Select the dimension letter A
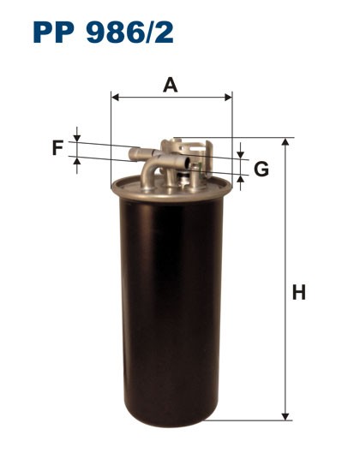(171, 84)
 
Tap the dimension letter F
(57, 148)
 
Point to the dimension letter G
(261, 169)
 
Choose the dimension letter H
(299, 293)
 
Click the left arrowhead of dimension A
(115, 98)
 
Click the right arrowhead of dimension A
(229, 98)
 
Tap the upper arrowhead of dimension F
(77, 138)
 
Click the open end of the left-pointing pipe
(132, 154)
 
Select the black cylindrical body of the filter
(171, 300)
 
